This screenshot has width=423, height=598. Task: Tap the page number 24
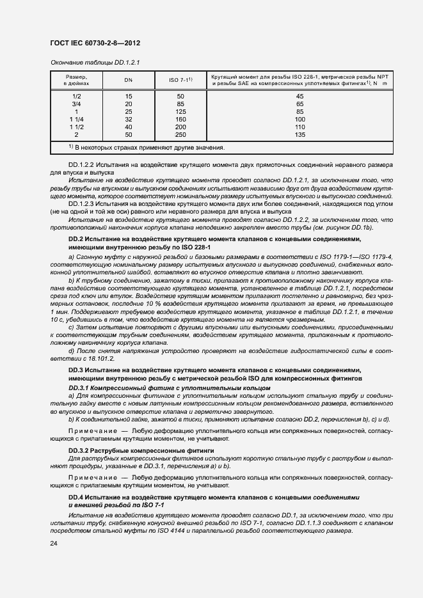pyautogui.click(x=53, y=544)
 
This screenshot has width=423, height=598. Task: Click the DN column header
pyautogui.click(x=128, y=80)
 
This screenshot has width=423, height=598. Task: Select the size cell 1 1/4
pyautogui.click(x=76, y=120)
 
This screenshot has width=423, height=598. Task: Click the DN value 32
pyautogui.click(x=128, y=120)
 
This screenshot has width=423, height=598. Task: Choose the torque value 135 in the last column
pyautogui.click(x=299, y=135)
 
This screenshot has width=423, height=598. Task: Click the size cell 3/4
pyautogui.click(x=76, y=104)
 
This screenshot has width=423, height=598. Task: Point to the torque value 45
pyautogui.click(x=299, y=95)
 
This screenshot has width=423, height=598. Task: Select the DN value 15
pyautogui.click(x=128, y=95)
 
